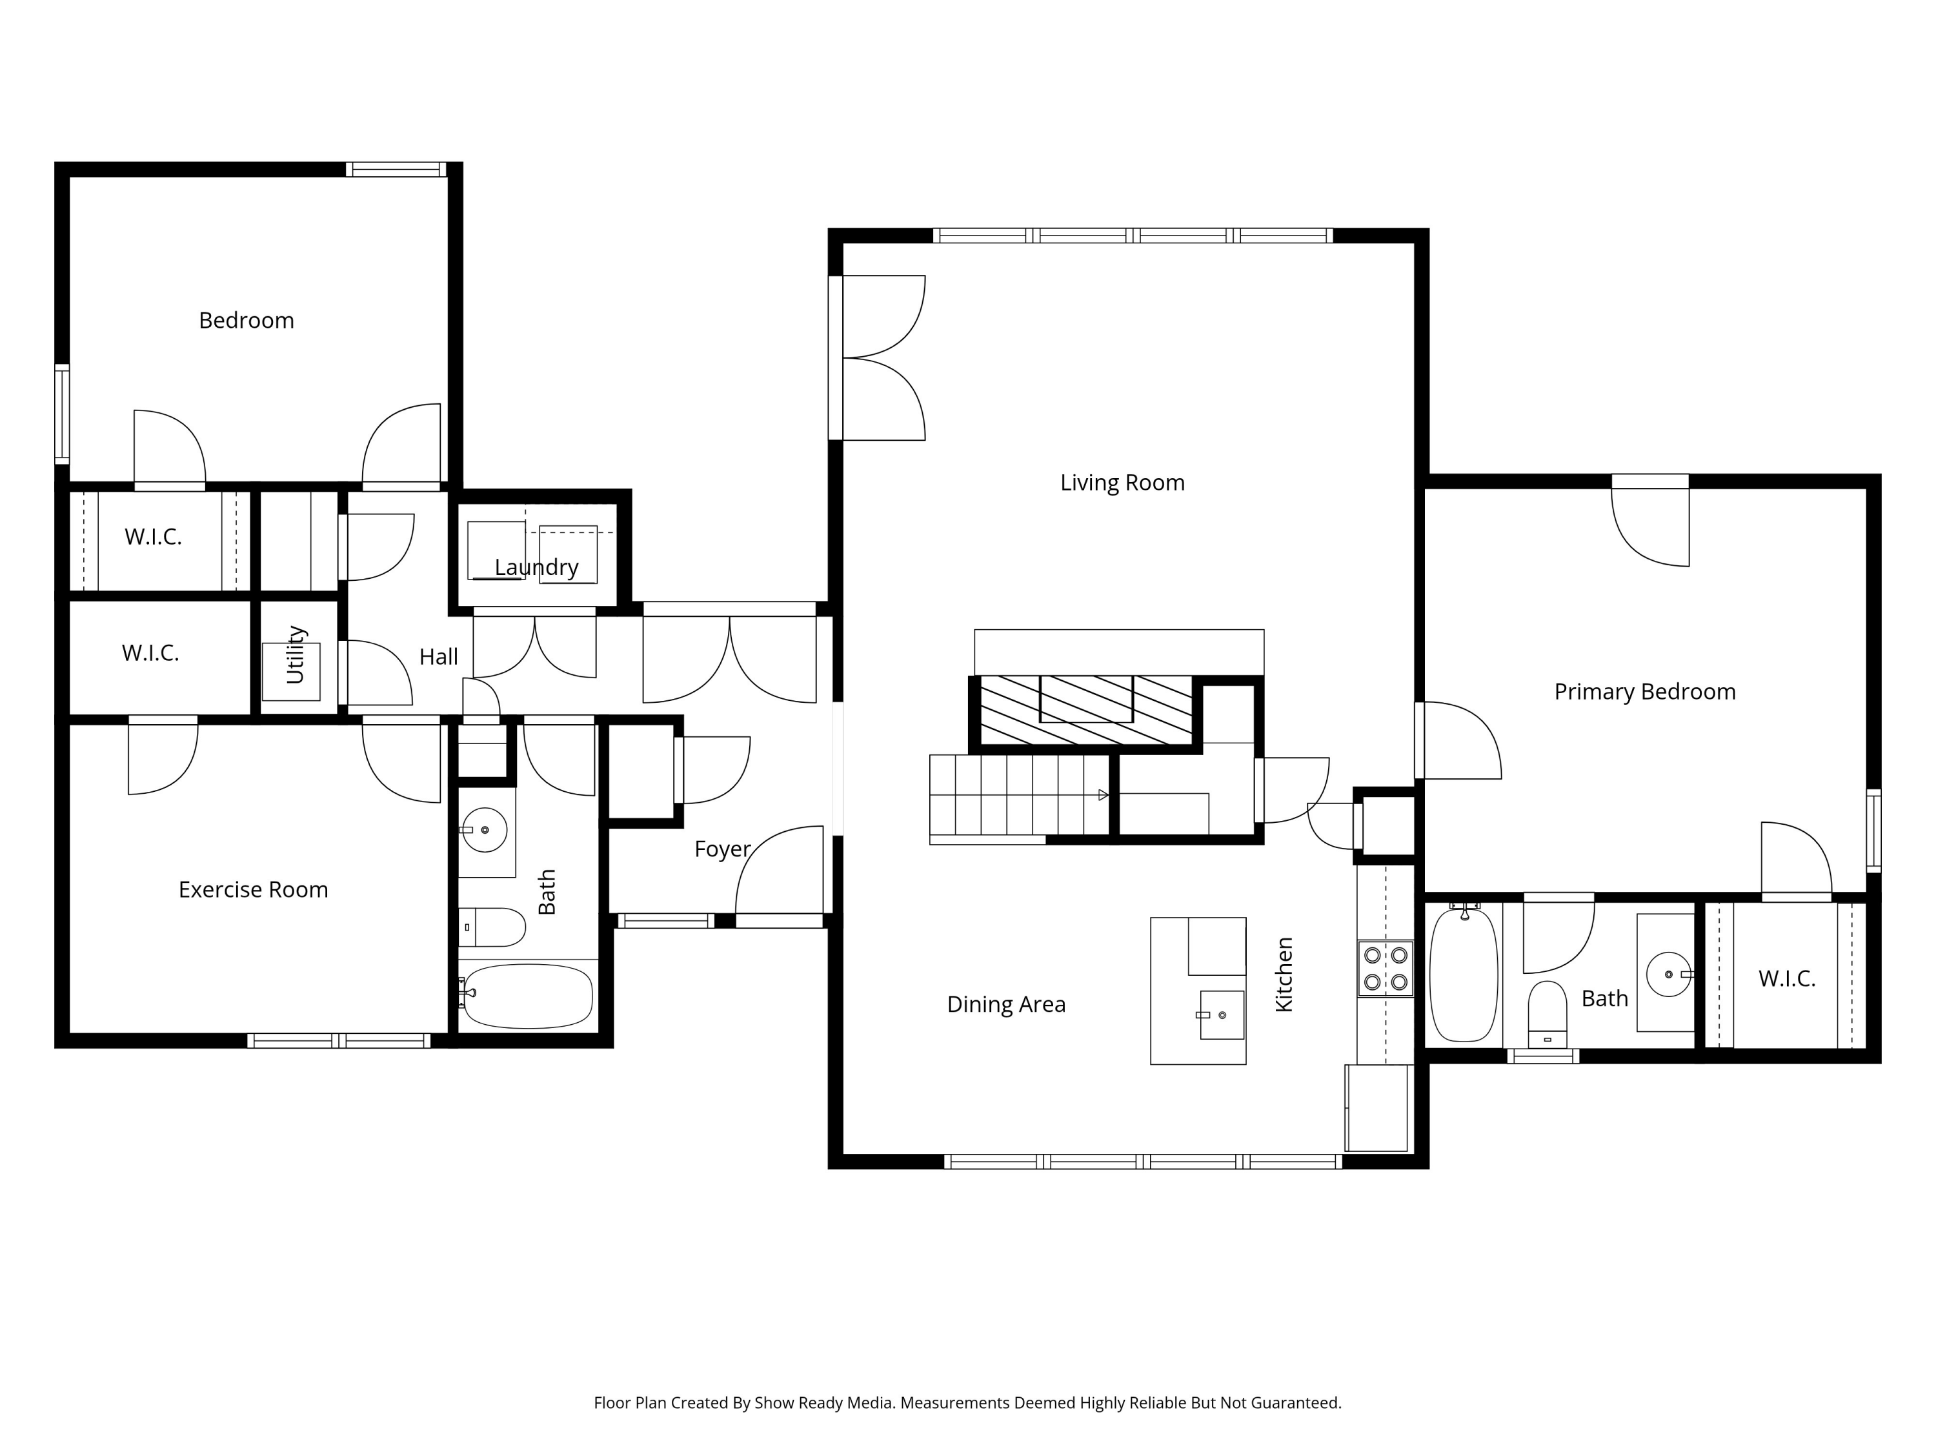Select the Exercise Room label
(x=253, y=889)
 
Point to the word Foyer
(x=722, y=849)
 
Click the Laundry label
(x=536, y=567)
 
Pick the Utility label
(x=296, y=654)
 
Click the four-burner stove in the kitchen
(x=1386, y=968)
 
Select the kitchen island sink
(x=1221, y=1014)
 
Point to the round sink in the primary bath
(x=1668, y=974)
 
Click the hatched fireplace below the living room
(x=1085, y=710)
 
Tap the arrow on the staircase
(x=1103, y=794)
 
